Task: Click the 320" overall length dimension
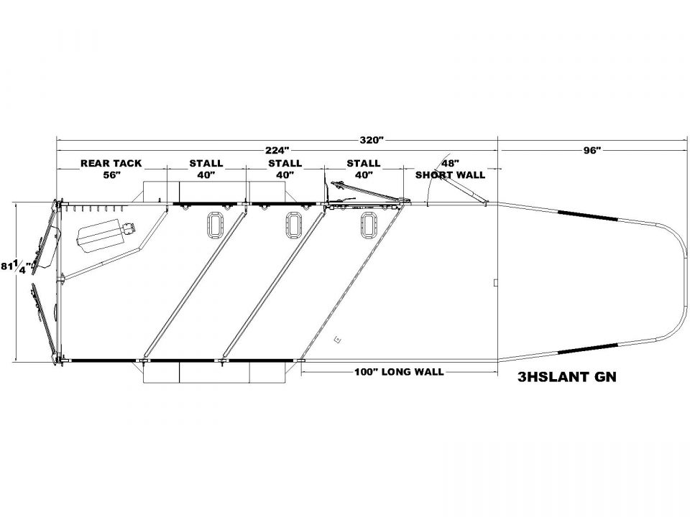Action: point(372,140)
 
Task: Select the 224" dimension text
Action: point(277,150)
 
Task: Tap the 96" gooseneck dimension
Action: point(592,150)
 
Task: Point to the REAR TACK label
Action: point(111,164)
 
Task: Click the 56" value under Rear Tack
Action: point(112,174)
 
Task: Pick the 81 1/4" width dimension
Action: point(17,267)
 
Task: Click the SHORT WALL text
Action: point(450,175)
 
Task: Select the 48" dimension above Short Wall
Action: point(450,164)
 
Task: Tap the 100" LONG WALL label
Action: point(399,372)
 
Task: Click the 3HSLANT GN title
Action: point(567,377)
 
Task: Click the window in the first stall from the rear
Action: point(215,225)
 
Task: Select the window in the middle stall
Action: point(293,225)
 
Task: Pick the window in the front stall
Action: point(368,225)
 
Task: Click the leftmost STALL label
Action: point(206,164)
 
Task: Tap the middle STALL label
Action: point(285,164)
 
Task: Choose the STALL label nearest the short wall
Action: point(364,164)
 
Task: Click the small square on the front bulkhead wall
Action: point(495,283)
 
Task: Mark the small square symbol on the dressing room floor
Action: point(338,339)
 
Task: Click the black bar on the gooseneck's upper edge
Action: point(587,215)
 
